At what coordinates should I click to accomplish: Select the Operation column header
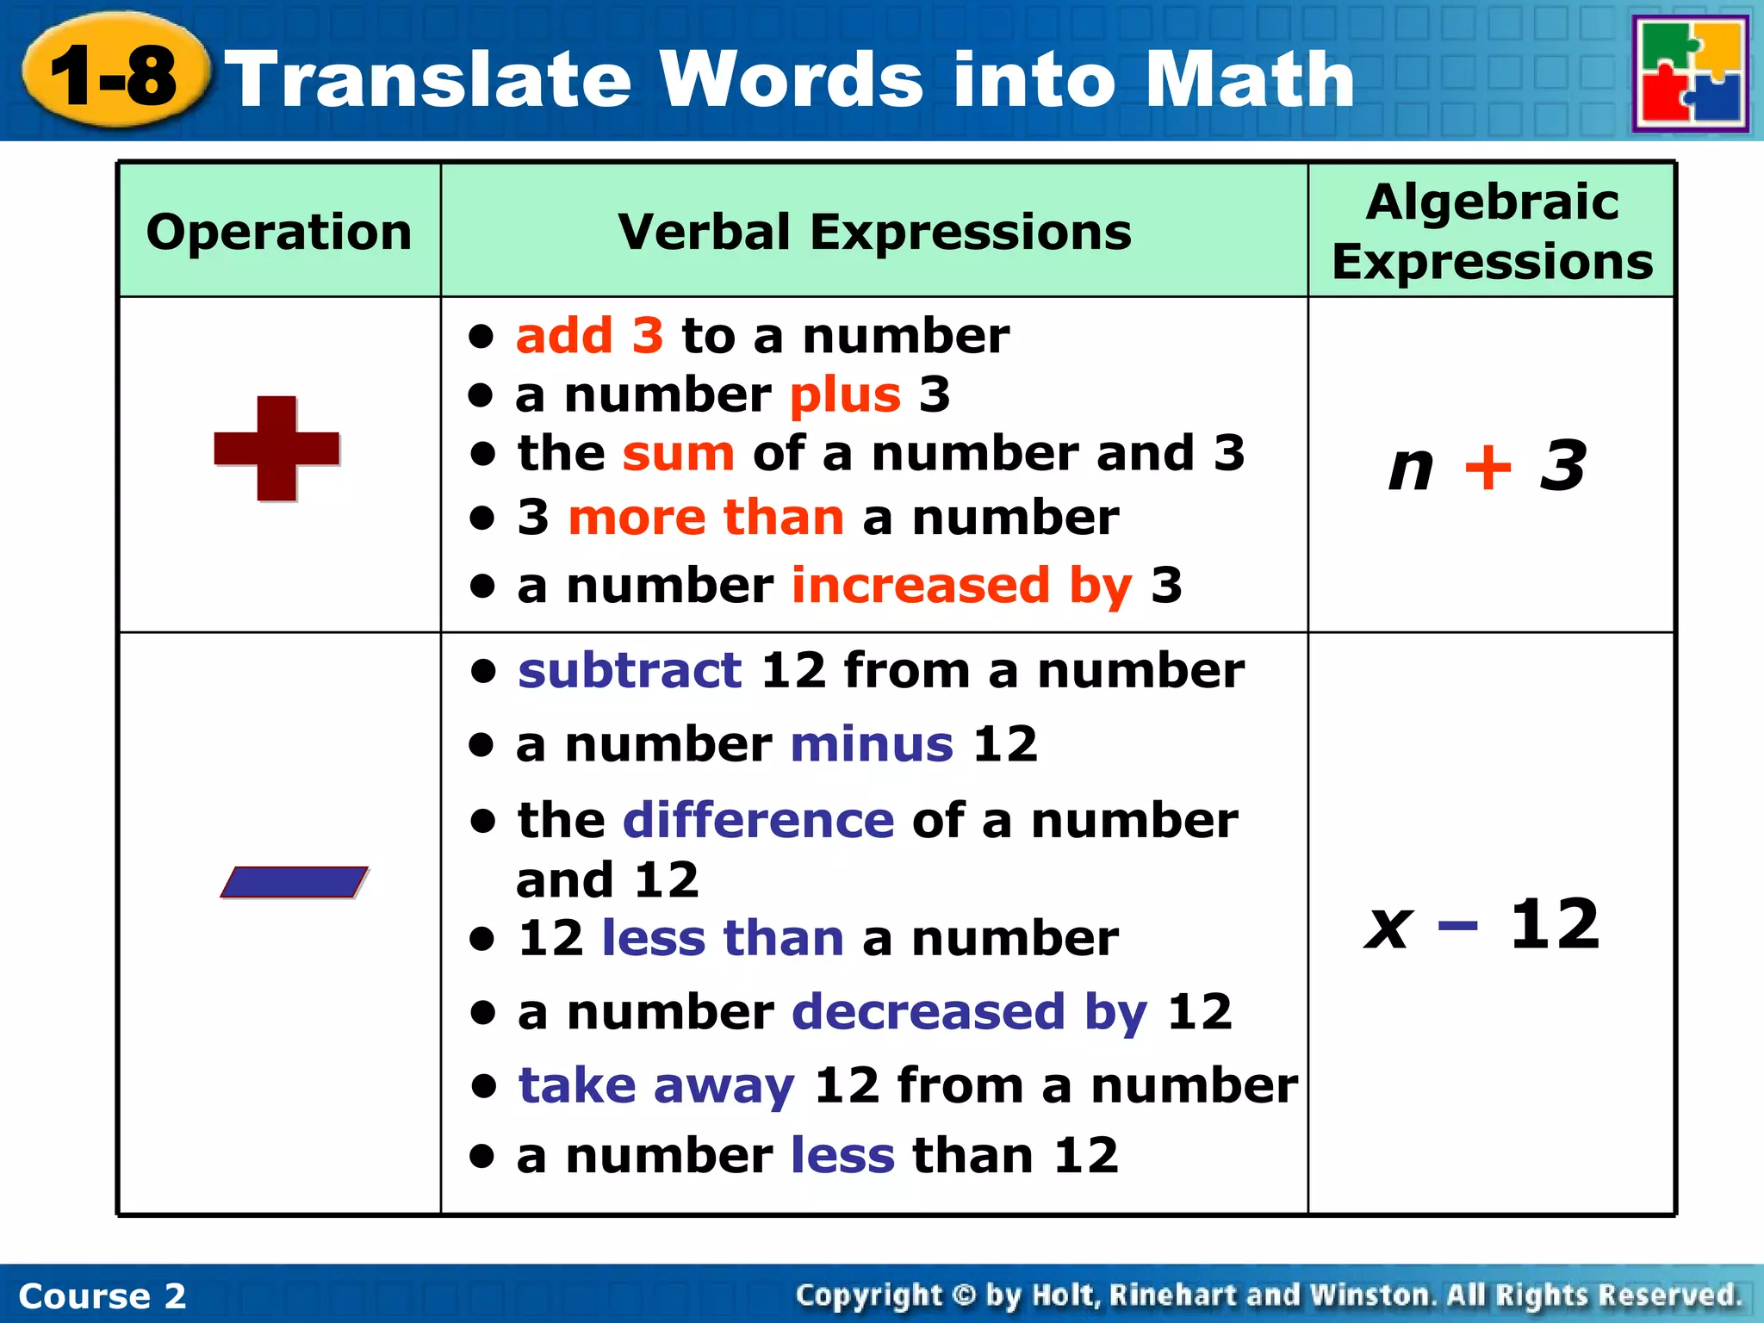pyautogui.click(x=279, y=232)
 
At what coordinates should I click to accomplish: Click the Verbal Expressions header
pyautogui.click(x=874, y=232)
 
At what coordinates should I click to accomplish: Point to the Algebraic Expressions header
pyautogui.click(x=1492, y=232)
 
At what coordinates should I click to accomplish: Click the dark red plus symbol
pyautogui.click(x=276, y=449)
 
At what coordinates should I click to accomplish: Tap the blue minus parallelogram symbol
pyautogui.click(x=294, y=882)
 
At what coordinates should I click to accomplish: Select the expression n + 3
pyautogui.click(x=1488, y=466)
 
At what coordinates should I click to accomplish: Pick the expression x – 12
pyautogui.click(x=1483, y=925)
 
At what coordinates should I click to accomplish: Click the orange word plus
pyautogui.click(x=845, y=395)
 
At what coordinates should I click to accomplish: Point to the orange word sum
pyautogui.click(x=679, y=454)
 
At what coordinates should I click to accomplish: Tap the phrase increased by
pyautogui.click(x=962, y=586)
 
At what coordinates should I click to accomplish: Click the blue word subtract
pyautogui.click(x=630, y=670)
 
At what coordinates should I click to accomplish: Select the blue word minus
pyautogui.click(x=872, y=744)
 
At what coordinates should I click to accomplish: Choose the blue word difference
pyautogui.click(x=759, y=820)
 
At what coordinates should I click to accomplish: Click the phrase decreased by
pyautogui.click(x=970, y=1011)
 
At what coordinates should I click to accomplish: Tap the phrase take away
pyautogui.click(x=656, y=1085)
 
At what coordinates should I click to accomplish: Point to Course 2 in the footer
pyautogui.click(x=102, y=1295)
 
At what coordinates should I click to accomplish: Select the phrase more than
pyautogui.click(x=706, y=518)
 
